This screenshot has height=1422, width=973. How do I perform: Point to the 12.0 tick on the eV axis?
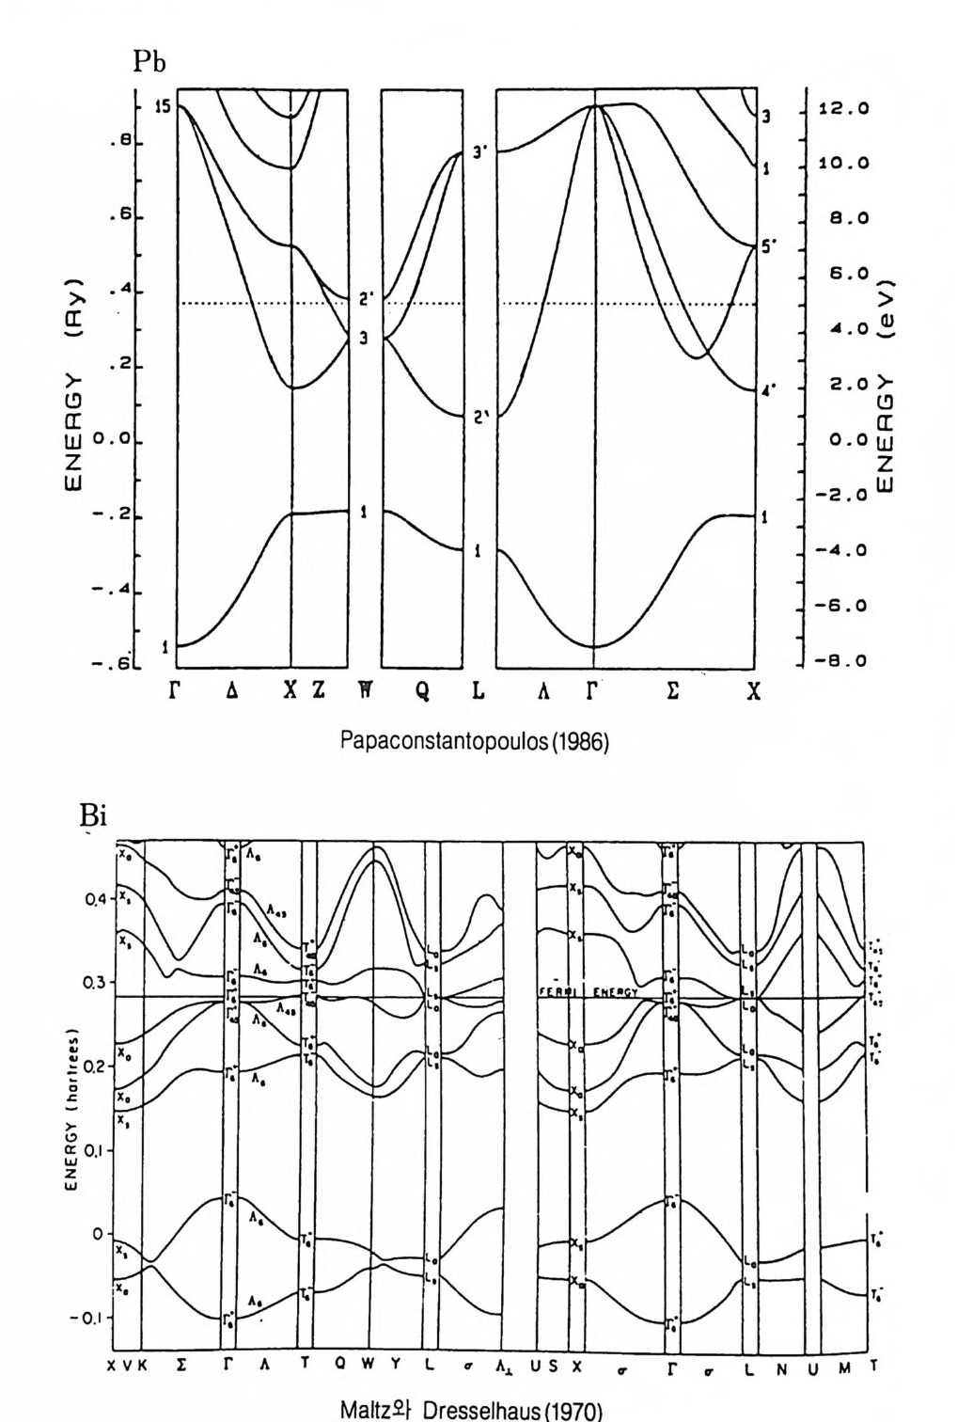[843, 109]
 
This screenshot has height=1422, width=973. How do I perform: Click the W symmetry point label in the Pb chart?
[362, 690]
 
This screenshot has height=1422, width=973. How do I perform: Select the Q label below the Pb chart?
[423, 690]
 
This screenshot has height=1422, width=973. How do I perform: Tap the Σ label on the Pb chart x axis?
[673, 690]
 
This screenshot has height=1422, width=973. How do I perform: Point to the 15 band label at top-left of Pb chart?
[163, 106]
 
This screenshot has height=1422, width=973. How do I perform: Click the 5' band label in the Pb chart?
[769, 247]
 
